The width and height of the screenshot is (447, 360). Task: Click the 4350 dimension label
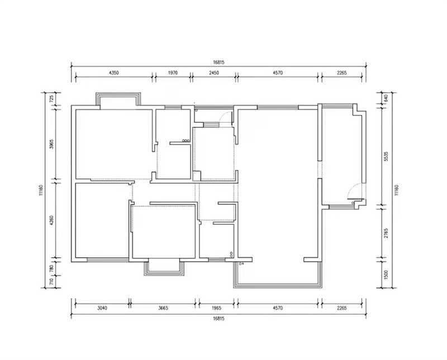click(114, 73)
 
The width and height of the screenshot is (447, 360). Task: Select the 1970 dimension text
click(173, 73)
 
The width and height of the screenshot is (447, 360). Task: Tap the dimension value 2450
click(214, 73)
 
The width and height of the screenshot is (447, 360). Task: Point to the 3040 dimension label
click(102, 308)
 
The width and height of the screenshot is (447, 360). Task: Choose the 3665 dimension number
click(163, 308)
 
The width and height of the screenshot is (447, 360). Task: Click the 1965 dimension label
click(217, 308)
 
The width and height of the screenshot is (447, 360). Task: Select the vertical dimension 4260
click(51, 220)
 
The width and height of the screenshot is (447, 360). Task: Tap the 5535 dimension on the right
click(386, 156)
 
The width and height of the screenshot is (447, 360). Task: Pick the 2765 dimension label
click(386, 233)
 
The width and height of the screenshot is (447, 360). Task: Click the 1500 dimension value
click(386, 275)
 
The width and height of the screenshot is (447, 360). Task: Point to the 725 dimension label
click(51, 99)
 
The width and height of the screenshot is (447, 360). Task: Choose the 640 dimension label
click(386, 99)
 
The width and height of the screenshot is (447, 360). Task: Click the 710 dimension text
click(51, 282)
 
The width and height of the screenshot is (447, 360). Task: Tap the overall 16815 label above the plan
click(218, 63)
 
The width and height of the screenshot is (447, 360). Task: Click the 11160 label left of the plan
click(41, 190)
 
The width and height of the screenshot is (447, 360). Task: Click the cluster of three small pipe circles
click(186, 141)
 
